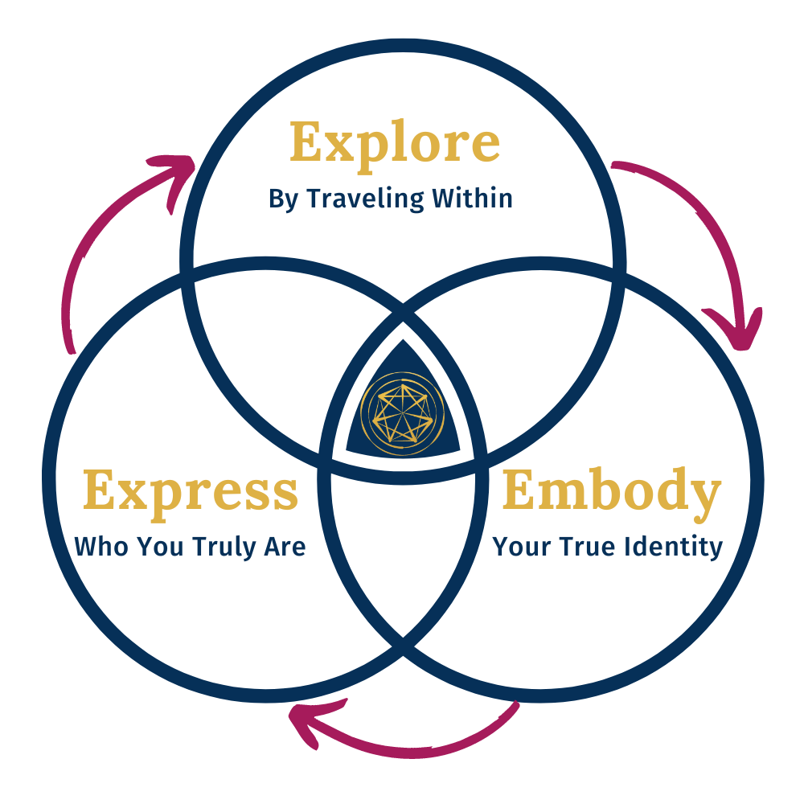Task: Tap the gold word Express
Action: [191, 492]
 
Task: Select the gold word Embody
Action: [611, 492]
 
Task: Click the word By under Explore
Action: [283, 199]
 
